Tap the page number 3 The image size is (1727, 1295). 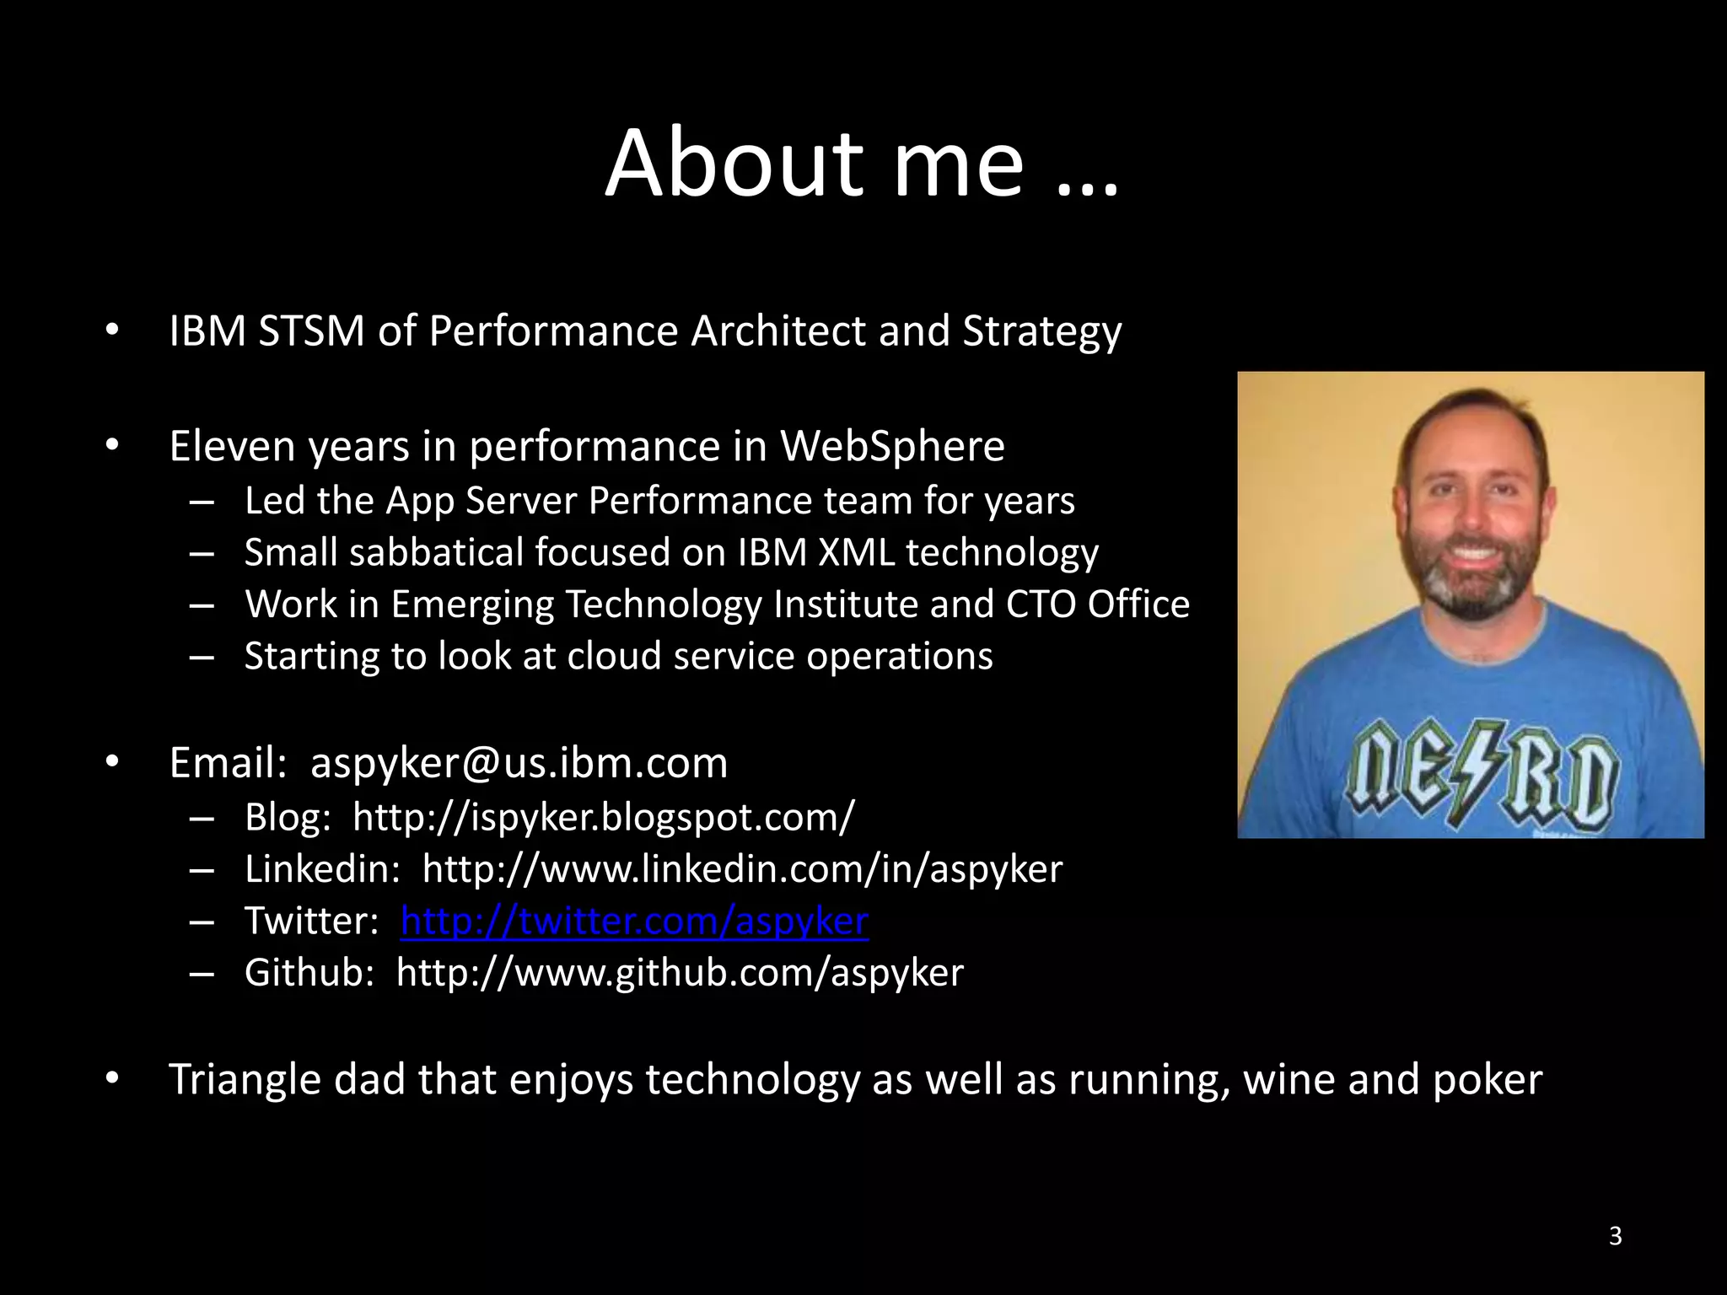(1615, 1236)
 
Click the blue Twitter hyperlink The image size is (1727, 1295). (634, 921)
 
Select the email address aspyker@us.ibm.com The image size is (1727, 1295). (519, 764)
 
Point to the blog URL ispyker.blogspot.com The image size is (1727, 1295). (603, 817)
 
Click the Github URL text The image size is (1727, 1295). (680, 973)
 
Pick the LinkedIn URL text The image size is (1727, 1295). (742, 869)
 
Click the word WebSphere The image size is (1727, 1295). (892, 446)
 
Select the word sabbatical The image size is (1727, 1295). (438, 553)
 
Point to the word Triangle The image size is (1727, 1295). (245, 1080)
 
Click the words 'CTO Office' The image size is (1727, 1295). (1097, 605)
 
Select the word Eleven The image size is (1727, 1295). (232, 446)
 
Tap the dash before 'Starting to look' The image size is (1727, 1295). (202, 657)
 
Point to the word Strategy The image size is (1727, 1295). (1042, 332)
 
